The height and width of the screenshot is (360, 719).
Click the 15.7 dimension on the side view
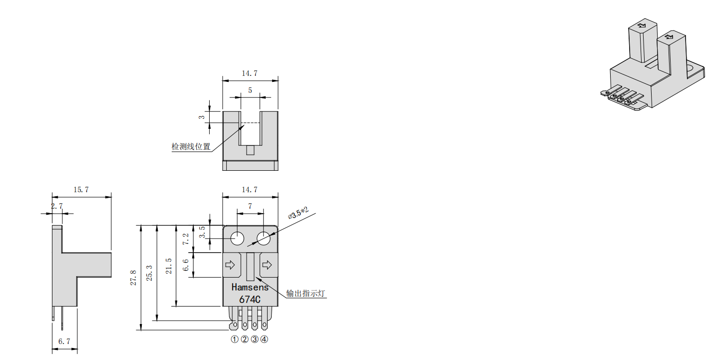[81, 190]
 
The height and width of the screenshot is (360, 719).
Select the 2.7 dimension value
[57, 206]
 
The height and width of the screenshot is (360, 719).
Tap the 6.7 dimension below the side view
[64, 342]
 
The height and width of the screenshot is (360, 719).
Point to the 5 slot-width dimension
[250, 90]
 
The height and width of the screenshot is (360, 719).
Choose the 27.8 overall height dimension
[133, 278]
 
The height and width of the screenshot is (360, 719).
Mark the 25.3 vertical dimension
[149, 273]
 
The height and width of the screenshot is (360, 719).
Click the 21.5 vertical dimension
[169, 266]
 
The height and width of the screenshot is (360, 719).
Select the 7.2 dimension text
[186, 239]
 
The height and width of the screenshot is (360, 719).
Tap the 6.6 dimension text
[186, 265]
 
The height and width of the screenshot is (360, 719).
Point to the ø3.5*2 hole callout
[299, 214]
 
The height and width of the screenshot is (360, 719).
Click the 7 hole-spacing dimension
[250, 206]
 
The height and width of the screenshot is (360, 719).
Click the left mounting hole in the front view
[237, 239]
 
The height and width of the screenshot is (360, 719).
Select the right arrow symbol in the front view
[267, 264]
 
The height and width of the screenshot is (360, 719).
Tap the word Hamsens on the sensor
[250, 288]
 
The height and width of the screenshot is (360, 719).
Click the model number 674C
[250, 300]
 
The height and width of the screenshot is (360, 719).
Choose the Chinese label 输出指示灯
[306, 293]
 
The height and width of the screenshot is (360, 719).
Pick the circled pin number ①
[234, 340]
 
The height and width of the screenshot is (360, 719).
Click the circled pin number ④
[264, 340]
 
